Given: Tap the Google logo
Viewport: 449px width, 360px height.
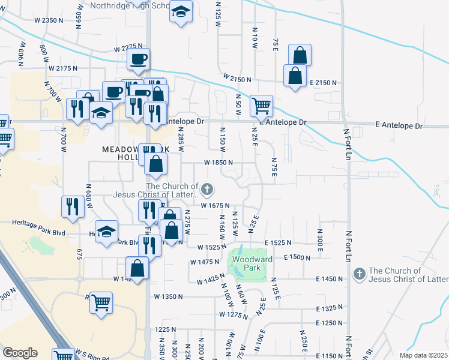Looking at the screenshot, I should (20, 353).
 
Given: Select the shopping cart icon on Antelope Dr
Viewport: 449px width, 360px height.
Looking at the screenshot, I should (261, 107).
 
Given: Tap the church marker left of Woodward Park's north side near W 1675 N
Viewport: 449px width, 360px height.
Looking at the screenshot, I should (207, 191).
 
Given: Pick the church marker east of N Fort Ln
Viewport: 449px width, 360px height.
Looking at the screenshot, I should (359, 274).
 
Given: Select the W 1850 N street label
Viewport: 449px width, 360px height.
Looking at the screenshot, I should (218, 163).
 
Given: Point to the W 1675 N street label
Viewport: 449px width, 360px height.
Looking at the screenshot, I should (215, 206).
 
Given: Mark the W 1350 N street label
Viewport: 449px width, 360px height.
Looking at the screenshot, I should (168, 296).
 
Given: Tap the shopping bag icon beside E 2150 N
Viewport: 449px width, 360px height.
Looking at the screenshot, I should (294, 76).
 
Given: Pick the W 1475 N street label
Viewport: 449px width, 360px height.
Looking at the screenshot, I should (204, 262).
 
